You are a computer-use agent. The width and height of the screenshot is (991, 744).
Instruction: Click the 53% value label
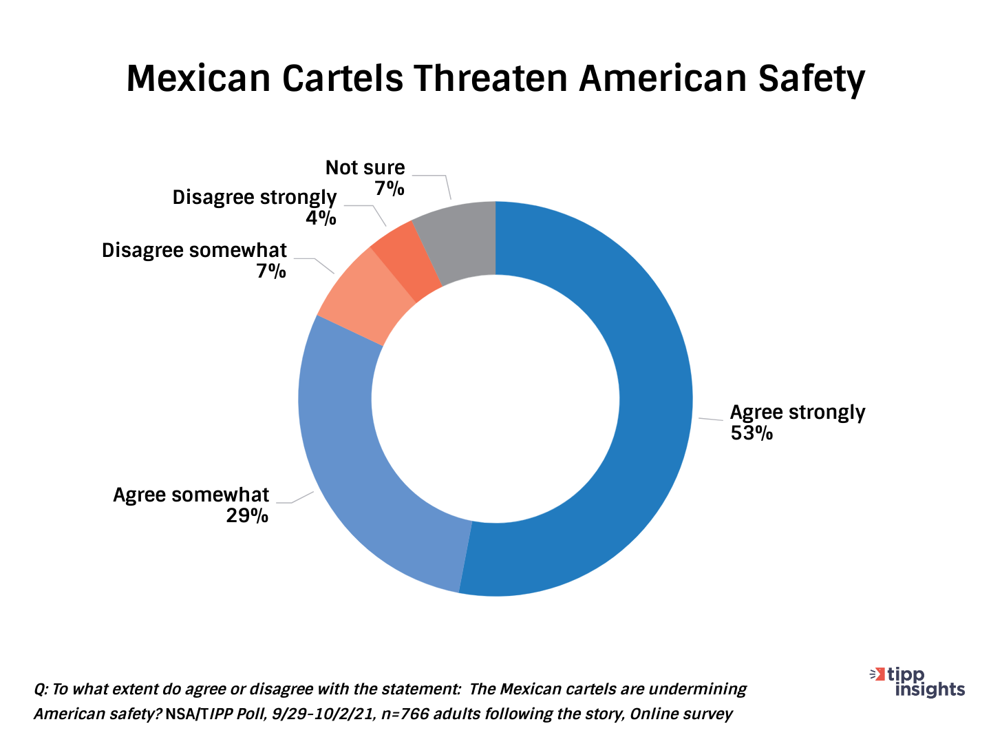tap(752, 433)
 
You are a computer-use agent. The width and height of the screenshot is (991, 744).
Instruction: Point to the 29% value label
tap(247, 516)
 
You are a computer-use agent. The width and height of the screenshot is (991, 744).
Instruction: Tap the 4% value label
tap(321, 218)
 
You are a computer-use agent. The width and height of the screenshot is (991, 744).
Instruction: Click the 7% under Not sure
tap(390, 188)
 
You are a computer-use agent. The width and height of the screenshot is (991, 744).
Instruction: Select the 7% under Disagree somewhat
tap(271, 271)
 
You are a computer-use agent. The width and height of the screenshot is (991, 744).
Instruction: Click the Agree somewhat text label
tap(191, 495)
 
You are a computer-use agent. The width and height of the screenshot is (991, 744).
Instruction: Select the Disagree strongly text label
tap(254, 198)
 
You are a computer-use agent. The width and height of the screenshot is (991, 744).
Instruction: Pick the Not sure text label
tap(365, 167)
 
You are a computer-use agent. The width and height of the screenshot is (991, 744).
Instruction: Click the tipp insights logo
tap(919, 681)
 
